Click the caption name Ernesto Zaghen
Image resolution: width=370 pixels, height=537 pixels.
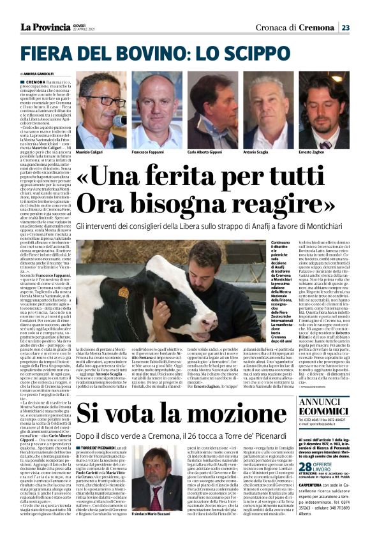315,153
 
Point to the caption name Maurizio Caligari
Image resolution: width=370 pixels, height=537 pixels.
93,153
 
